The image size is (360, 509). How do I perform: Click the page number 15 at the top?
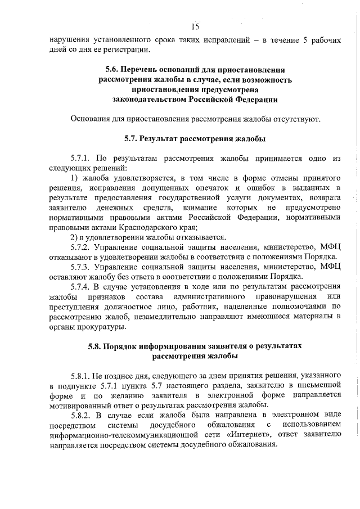pyautogui.click(x=195, y=26)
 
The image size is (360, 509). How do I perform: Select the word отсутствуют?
pyautogui.click(x=299, y=119)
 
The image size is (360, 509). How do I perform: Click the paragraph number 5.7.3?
pyautogui.click(x=80, y=266)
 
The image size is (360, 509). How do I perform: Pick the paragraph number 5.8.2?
pyautogui.click(x=80, y=415)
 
